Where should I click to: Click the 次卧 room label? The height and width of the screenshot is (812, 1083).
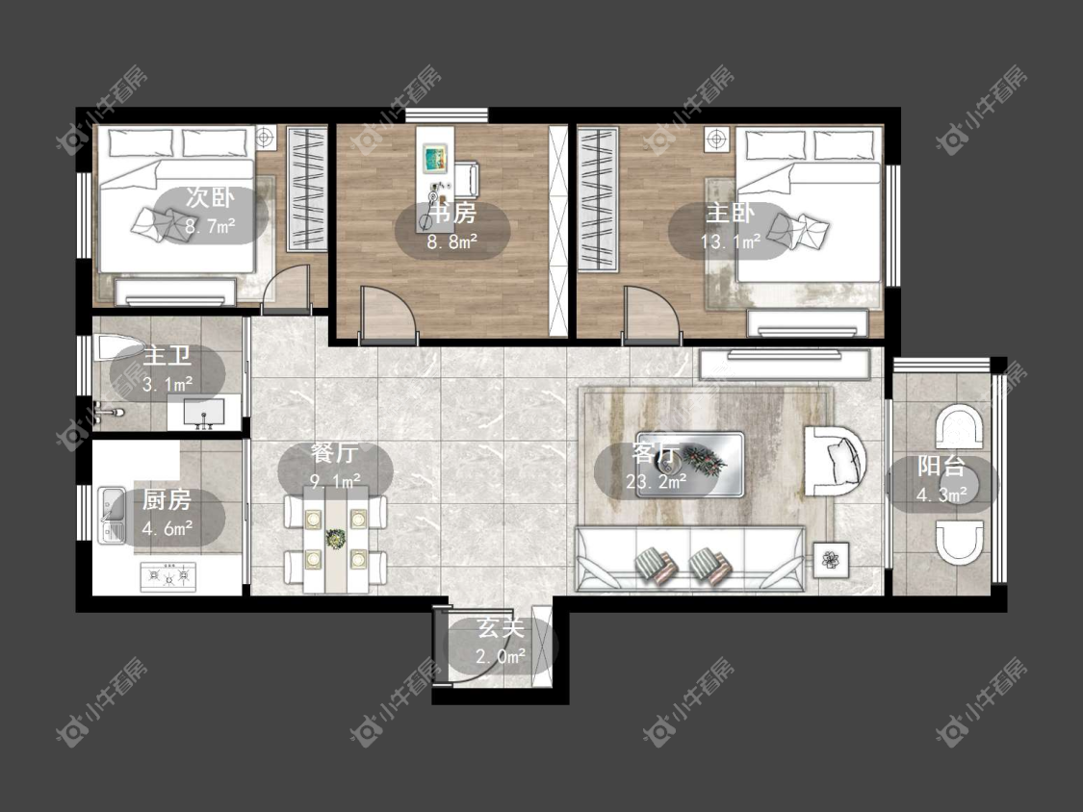pos(210,197)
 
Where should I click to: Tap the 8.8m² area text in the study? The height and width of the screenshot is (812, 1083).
pos(452,241)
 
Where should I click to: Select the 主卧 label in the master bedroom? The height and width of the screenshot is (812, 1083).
pos(730,213)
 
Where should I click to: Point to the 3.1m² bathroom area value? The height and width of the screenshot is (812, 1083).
pos(168,384)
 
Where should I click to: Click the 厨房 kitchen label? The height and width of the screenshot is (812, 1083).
pos(167,500)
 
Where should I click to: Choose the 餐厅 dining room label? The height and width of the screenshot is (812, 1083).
pos(334,453)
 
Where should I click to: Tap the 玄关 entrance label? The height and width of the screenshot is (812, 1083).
pos(501,628)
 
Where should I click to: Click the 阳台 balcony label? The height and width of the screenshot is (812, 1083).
pos(941,466)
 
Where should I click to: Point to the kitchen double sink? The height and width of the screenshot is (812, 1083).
pos(111,515)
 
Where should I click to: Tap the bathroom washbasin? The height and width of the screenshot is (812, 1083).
pos(204,413)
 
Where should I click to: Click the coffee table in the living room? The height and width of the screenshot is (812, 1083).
pos(690,465)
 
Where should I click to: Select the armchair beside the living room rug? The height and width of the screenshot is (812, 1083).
pos(835,461)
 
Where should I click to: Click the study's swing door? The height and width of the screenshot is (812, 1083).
pos(388,315)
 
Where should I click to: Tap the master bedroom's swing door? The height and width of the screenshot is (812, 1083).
pos(652,315)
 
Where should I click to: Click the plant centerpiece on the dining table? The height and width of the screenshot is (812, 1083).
pos(336,539)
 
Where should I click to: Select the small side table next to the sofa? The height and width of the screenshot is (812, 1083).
pos(831,559)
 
